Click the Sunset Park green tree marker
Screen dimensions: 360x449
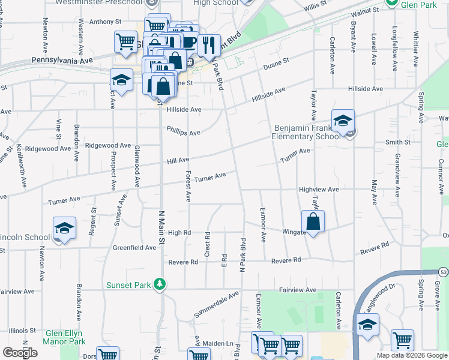pyautogui.click(x=160, y=284)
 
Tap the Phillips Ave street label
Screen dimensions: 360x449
pyautogui.click(x=183, y=131)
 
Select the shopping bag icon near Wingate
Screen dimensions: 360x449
pyautogui.click(x=313, y=221)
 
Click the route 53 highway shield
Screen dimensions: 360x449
pyautogui.click(x=443, y=273)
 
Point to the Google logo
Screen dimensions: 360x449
pyautogui.click(x=20, y=353)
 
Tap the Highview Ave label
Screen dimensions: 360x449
pyautogui.click(x=319, y=190)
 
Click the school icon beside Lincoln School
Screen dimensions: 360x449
pyautogui.click(x=64, y=229)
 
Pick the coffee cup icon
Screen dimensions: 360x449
pyautogui.click(x=189, y=42)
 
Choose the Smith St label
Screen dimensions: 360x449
pyautogui.click(x=397, y=142)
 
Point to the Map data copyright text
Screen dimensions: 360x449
pyautogui.click(x=411, y=355)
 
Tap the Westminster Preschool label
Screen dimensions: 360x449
pyautogui.click(x=99, y=2)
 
